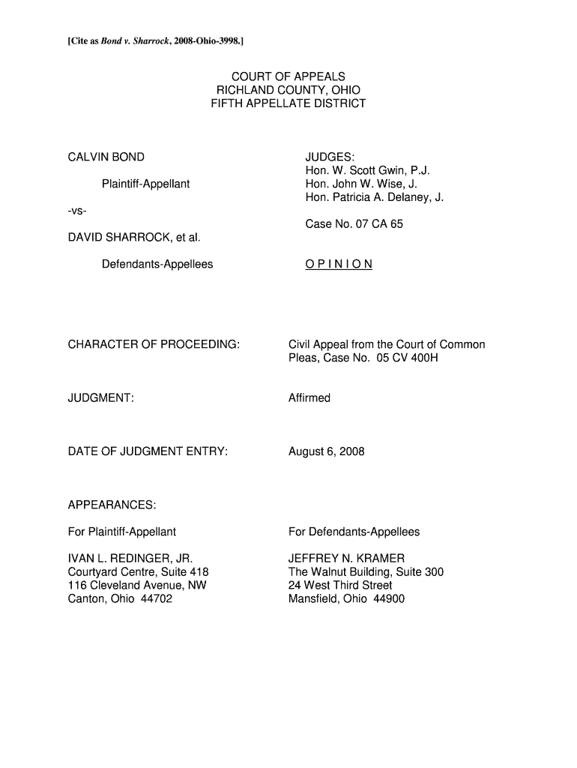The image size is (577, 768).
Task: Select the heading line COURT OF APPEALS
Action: [288, 76]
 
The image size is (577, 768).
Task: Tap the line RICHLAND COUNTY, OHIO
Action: [288, 90]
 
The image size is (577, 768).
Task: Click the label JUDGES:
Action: [330, 157]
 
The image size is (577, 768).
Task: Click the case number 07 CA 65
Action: [378, 224]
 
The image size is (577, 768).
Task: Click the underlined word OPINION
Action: [339, 265]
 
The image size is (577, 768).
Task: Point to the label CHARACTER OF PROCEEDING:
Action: [154, 345]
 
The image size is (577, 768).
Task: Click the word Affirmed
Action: [309, 398]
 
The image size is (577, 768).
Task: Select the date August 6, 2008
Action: [327, 451]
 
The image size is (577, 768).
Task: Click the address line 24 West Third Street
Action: [340, 585]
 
